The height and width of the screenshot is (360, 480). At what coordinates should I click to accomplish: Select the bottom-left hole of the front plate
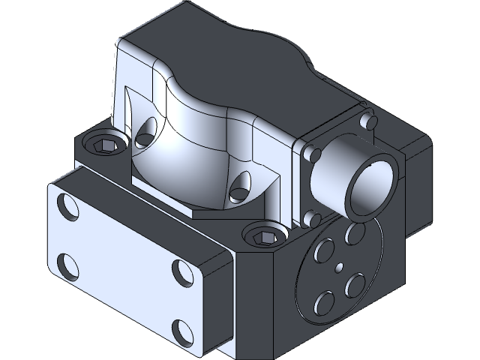pos(66,264)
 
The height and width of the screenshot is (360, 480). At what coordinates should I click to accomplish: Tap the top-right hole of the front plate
pos(182,269)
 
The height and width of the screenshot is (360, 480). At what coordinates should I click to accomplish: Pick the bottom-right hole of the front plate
pos(181,328)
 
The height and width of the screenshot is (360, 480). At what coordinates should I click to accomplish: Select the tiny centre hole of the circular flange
pos(339,266)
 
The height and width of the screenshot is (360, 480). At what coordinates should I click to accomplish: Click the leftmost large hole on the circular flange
pos(325,247)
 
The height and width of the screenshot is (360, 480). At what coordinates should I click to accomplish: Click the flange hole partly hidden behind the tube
pos(352,234)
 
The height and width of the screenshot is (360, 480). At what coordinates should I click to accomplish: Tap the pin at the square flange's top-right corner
pos(367,121)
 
